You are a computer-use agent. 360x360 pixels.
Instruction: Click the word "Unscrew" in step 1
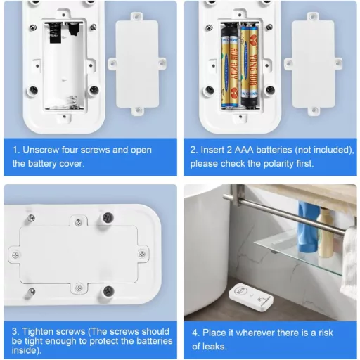point(41,150)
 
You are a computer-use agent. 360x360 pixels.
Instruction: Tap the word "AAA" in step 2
point(244,150)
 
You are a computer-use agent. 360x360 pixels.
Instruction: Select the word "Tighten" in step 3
point(37,331)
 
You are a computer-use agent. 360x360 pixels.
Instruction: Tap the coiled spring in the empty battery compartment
point(72,101)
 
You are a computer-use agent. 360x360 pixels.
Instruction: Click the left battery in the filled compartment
point(230,67)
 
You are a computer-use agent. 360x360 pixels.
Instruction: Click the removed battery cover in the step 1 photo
point(137,64)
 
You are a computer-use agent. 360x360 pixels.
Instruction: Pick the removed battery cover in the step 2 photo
point(313,64)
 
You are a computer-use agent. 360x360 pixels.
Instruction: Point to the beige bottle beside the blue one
point(326,233)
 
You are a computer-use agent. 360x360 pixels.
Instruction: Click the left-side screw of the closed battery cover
point(15,255)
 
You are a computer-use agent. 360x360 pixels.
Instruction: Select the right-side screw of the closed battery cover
point(142,254)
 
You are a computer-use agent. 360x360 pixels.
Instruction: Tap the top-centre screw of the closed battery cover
point(78,222)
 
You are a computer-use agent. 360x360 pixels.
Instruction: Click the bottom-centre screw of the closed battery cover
point(79,287)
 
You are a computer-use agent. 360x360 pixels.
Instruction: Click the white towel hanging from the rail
point(349,260)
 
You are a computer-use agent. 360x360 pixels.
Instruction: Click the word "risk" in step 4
point(326,333)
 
